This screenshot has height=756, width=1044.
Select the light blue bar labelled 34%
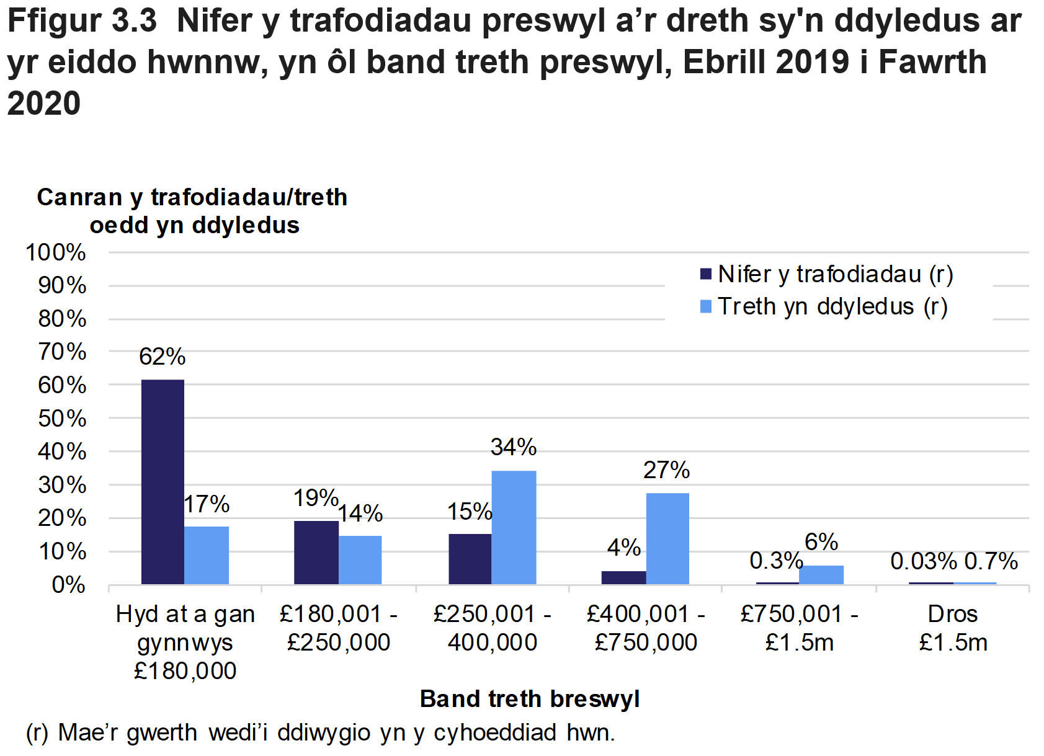point(514,527)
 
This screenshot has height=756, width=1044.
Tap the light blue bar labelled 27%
point(667,538)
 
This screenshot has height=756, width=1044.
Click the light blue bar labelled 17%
point(207,555)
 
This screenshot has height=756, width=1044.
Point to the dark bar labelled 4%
point(623,577)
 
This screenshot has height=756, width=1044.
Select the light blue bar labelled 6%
point(821,574)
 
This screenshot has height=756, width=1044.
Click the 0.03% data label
point(924,561)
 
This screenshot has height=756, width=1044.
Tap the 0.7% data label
point(991,561)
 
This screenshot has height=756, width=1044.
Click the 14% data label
point(360,514)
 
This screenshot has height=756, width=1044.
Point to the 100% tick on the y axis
point(56,252)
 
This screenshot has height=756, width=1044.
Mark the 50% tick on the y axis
point(61,419)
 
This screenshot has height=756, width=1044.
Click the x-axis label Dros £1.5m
point(952,628)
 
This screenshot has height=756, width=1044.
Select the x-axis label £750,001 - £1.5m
point(799,628)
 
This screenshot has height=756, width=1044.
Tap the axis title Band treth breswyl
point(529,699)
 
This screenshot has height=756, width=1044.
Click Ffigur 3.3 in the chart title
point(82,21)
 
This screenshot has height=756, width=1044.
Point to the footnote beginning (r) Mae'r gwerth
point(320,732)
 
